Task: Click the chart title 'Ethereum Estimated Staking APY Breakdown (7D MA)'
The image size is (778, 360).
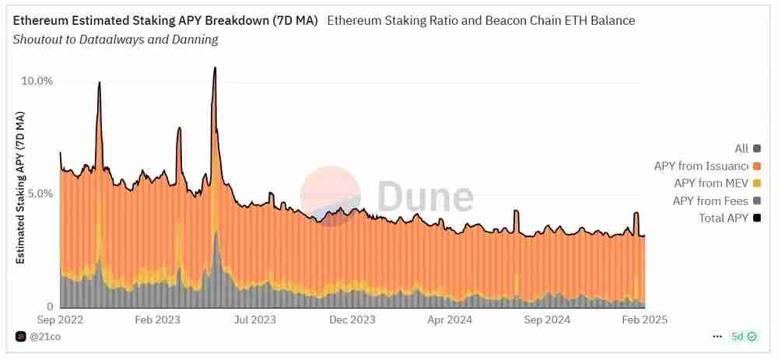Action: point(165,21)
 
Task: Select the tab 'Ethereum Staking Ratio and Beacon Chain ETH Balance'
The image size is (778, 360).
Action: point(481,21)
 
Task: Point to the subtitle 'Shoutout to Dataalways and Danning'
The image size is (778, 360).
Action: point(116,40)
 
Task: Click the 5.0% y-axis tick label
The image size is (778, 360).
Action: point(37,194)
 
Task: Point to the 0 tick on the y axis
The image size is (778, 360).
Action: point(50,306)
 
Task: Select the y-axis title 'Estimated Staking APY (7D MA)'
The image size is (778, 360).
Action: point(21,187)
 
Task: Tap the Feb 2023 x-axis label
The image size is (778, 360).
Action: point(157,320)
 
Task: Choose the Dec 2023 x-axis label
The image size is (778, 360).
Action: point(352,320)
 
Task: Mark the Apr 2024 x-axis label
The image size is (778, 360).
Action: point(449,320)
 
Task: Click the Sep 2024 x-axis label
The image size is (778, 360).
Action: point(547,320)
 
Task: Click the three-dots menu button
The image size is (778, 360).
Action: point(717,337)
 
